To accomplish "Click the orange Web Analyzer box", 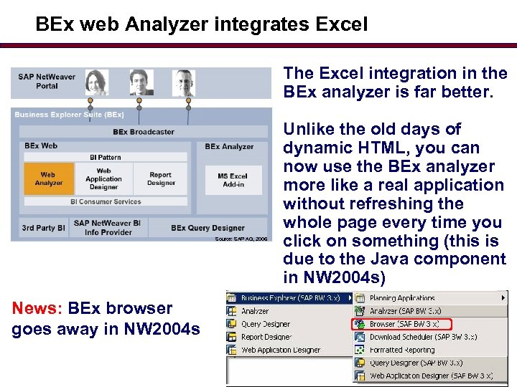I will [47, 179].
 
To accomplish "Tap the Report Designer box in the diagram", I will [161, 179].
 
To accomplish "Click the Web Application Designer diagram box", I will [104, 179].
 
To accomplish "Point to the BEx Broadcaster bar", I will [143, 132].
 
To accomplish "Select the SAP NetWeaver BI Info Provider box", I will [107, 228].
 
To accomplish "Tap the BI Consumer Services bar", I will [106, 201].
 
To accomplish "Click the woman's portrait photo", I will [96, 83].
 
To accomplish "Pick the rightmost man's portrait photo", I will [184, 83].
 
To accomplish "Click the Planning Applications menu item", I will [402, 298].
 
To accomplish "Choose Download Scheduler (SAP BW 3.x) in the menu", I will [423, 337].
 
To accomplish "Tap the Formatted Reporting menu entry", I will [403, 350].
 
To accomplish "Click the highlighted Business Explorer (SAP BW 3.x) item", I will [291, 298].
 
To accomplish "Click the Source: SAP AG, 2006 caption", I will [241, 239].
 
